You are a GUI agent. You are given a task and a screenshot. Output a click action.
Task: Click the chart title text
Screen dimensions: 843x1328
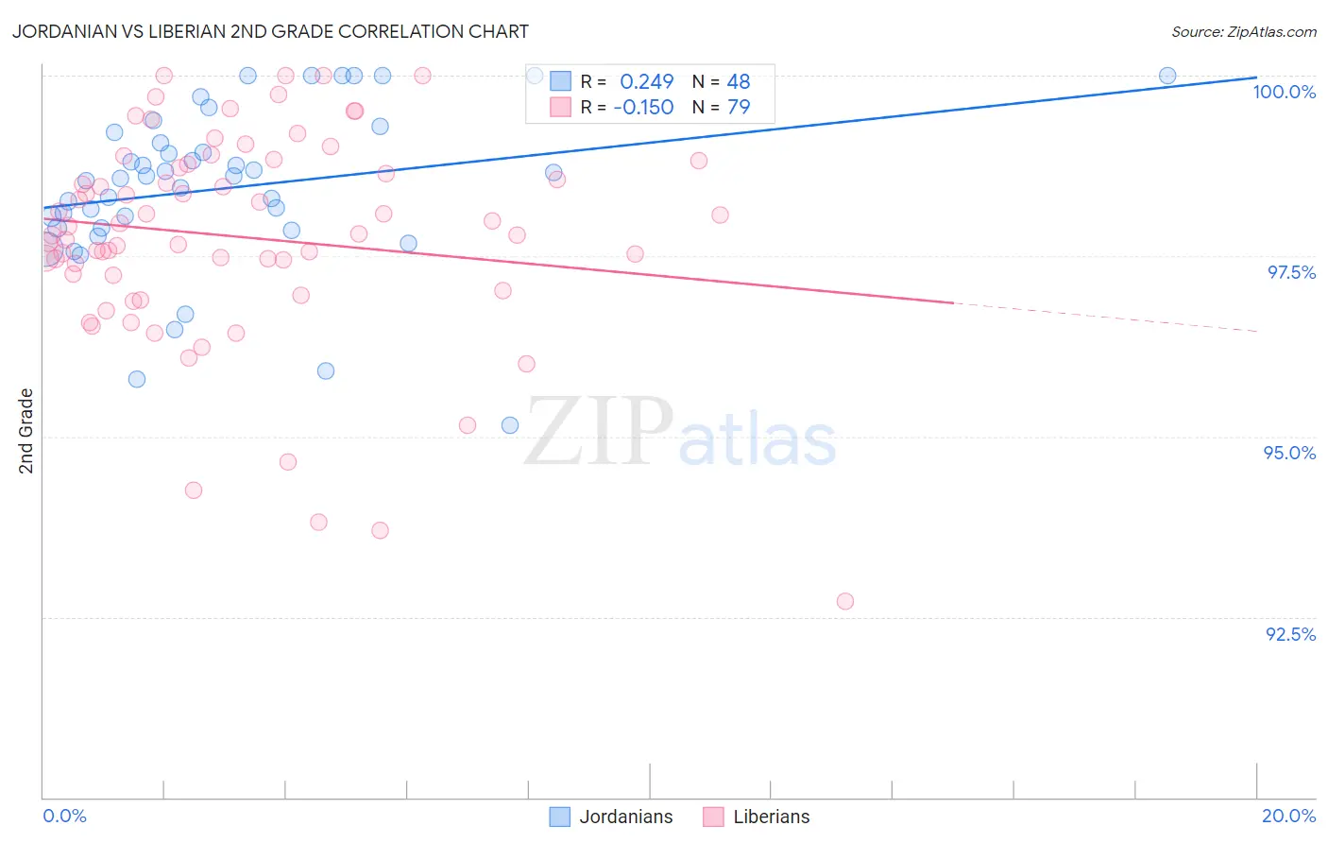[270, 31]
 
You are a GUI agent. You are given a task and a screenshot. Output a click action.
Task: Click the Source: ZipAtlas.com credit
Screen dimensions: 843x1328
[1243, 31]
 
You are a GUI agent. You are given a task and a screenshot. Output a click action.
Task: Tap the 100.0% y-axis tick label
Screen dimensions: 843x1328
[1284, 92]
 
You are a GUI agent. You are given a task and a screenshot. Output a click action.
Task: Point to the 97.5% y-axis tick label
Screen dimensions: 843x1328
[1290, 272]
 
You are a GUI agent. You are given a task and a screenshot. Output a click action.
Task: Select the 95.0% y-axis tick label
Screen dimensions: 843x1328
[1289, 453]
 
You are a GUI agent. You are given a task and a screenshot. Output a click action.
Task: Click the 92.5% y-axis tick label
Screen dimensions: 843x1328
[1290, 634]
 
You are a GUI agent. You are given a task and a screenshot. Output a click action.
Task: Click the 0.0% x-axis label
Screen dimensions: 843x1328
[64, 816]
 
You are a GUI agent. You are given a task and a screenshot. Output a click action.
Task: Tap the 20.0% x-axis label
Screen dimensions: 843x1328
[1288, 816]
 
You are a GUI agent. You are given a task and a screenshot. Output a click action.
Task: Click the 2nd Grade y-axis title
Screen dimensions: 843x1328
[26, 431]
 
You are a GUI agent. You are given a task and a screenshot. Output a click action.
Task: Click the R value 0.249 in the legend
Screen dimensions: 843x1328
[646, 82]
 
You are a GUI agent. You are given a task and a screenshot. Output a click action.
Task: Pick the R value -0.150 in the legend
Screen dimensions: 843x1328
[643, 107]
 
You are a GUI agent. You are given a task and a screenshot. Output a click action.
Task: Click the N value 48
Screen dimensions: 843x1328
[738, 82]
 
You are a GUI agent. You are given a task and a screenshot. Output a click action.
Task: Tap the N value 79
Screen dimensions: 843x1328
[738, 107]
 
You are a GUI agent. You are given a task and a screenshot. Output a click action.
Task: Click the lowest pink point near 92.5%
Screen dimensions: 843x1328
[845, 601]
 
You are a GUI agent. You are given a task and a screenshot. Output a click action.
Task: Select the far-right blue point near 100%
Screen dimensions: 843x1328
[1167, 76]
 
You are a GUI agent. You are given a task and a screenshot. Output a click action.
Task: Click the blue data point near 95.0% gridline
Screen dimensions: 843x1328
[510, 425]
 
